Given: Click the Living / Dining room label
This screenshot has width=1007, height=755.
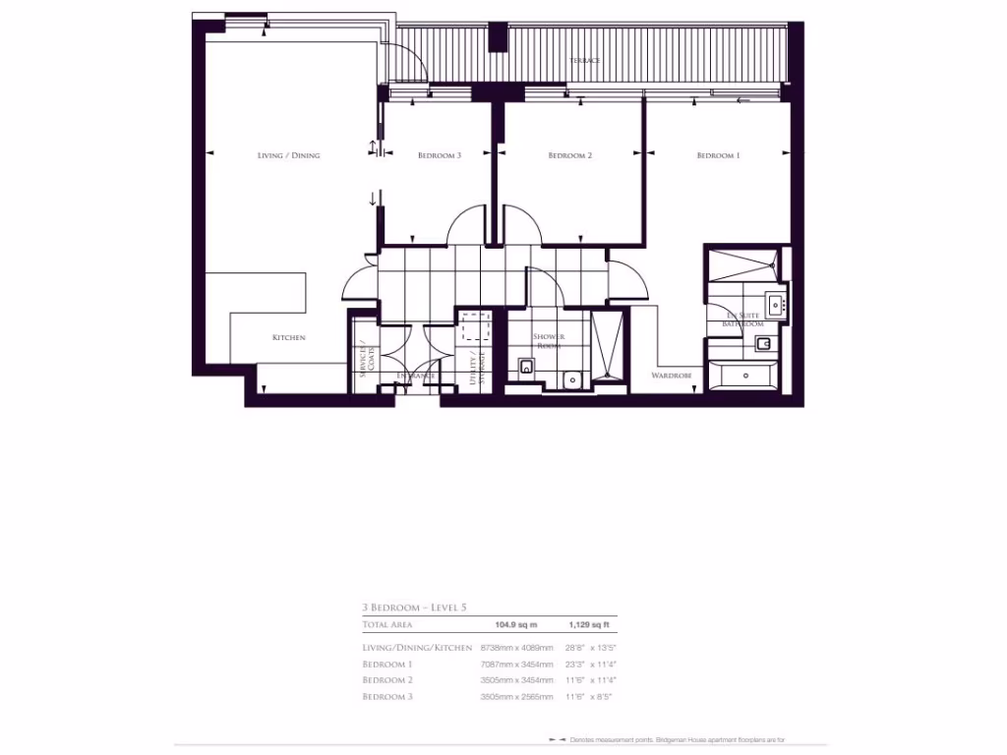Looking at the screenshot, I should [288, 155].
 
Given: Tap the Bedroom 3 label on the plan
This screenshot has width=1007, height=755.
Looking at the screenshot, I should [440, 155].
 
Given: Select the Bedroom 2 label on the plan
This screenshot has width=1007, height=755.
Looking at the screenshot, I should [569, 155].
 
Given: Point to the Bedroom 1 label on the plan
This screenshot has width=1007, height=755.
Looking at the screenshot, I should [718, 155].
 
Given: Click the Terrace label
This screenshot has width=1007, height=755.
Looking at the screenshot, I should [584, 61].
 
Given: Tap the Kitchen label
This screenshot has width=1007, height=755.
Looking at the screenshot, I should [289, 337].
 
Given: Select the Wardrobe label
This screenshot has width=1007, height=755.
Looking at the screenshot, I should [672, 376].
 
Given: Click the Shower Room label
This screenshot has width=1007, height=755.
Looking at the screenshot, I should [549, 341].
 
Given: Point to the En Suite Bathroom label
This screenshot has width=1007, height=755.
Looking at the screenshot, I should [742, 318].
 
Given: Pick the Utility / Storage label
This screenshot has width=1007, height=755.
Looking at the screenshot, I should [477, 369].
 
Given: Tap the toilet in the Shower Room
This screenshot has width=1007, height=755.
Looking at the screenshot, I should [526, 371].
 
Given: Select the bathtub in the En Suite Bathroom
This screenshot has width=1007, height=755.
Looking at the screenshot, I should [744, 375].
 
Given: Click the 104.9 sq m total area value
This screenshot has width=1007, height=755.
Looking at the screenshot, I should [515, 624].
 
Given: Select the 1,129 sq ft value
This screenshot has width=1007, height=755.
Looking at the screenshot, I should [589, 624].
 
